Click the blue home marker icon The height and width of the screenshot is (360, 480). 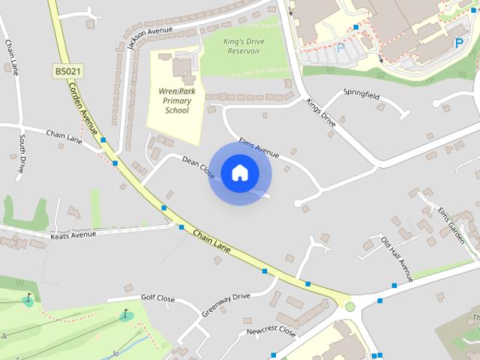pyautogui.click(x=239, y=172)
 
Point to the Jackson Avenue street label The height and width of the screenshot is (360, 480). pyautogui.click(x=149, y=34)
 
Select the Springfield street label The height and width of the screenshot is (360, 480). pyautogui.click(x=361, y=96)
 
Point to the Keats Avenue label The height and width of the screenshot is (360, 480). pyautogui.click(x=73, y=235)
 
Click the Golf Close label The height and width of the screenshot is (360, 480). pyautogui.click(x=158, y=298)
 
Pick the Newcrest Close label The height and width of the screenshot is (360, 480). pyautogui.click(x=271, y=331)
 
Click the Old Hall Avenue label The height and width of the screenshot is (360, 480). pyautogui.click(x=397, y=259)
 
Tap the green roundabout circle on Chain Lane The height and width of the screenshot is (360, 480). pyautogui.click(x=349, y=306)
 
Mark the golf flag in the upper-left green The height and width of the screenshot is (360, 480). pyautogui.click(x=29, y=297)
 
